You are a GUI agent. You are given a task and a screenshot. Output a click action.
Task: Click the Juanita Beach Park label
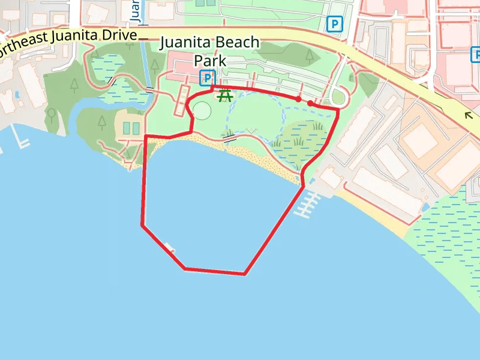pos(209,52)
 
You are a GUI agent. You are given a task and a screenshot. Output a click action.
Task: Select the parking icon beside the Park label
pos(207,77)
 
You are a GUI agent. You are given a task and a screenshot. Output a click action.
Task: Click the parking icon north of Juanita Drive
pos(334,24)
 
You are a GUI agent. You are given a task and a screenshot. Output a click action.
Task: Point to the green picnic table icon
pos(226,95)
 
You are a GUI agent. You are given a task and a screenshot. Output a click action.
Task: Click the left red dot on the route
pos(298,99)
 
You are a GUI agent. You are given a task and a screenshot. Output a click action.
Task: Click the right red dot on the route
pos(310,104)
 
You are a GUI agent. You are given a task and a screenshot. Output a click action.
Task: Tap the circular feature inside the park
pos(202,110)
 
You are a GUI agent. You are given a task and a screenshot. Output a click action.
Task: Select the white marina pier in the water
pos(307,204)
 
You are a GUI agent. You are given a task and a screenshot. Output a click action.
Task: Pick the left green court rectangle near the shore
pos(127,128)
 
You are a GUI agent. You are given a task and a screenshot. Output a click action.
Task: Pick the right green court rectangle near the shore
pos(136,128)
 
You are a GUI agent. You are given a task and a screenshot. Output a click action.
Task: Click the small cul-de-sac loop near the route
pos(338,97)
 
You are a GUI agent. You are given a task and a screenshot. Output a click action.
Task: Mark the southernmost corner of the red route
pos(245,274)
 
